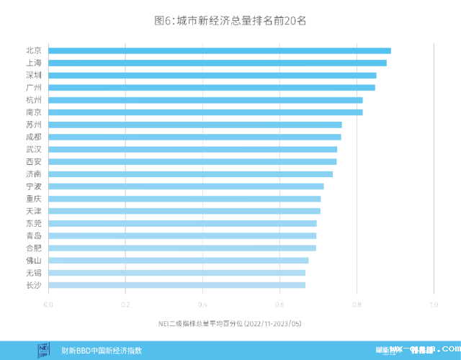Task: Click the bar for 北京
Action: coord(220,50)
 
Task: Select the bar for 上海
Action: coord(218,63)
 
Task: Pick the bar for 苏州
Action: coord(195,125)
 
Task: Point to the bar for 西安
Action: coord(192,161)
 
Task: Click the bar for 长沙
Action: coord(176,285)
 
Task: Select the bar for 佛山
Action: coord(179,260)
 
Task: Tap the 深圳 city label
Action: coord(33,75)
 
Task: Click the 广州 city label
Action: coord(33,87)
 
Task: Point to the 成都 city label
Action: coord(33,137)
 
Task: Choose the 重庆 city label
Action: coord(33,199)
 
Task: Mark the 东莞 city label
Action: coord(33,223)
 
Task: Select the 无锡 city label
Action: coord(33,273)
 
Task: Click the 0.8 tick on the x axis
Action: coord(357,304)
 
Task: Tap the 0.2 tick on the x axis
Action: coord(125,304)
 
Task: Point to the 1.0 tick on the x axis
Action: coord(434,304)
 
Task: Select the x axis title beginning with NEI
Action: coord(230,324)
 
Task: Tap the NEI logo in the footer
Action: coord(44,350)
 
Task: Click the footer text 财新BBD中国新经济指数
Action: coord(102,351)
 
